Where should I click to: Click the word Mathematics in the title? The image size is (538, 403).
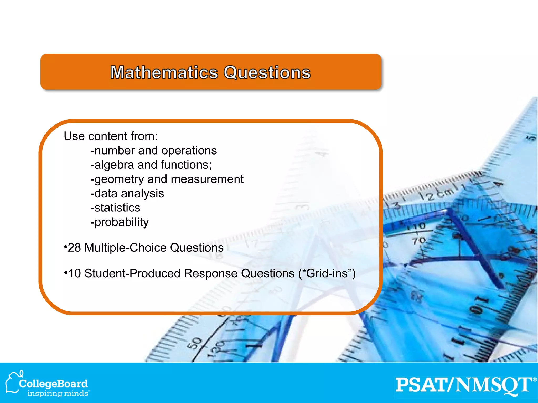pos(164,73)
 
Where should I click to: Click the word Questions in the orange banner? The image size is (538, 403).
pos(267,73)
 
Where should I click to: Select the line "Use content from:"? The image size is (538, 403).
pos(111,136)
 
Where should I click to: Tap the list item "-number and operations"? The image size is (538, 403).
pos(154,151)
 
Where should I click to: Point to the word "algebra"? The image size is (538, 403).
pos(114,165)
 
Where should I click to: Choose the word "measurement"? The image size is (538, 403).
pos(207,179)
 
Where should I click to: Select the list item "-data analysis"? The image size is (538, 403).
pos(127,194)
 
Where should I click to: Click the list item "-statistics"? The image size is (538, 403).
pos(115,208)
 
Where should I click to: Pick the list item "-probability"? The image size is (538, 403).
pos(120,222)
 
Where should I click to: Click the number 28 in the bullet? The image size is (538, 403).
pos(74,248)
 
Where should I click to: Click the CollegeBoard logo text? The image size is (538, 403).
pos(53,384)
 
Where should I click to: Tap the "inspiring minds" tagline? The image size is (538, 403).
pos(58,394)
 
